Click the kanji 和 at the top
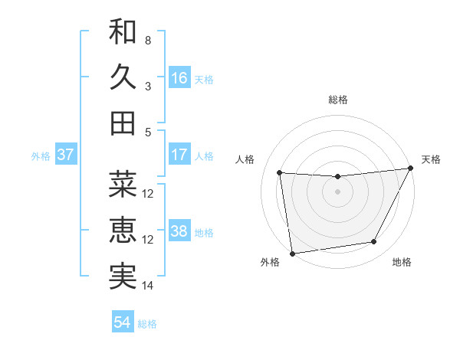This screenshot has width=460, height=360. coord(123,32)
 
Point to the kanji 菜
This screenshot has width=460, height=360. coord(123,184)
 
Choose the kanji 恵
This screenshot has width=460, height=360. coord(123,230)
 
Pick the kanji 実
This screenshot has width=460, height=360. coord(123,276)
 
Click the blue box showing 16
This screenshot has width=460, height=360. coord(179,78)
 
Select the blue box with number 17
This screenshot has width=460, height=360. coord(179,155)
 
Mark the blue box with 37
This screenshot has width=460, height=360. coord(66,155)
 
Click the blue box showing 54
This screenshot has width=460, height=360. coord(123,323)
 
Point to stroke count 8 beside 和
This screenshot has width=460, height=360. coord(148,40)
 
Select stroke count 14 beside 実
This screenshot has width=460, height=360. coord(148,286)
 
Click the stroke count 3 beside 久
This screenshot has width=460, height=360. coord(148,86)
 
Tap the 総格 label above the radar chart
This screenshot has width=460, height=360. coord(337,100)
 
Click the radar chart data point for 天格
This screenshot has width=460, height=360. coord(411,169)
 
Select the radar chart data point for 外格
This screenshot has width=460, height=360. coord(292,253)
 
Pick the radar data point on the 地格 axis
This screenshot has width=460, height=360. coord(374,242)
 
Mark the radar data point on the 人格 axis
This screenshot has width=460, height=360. coord(280,173)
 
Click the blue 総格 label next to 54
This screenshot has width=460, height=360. coord(147,324)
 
